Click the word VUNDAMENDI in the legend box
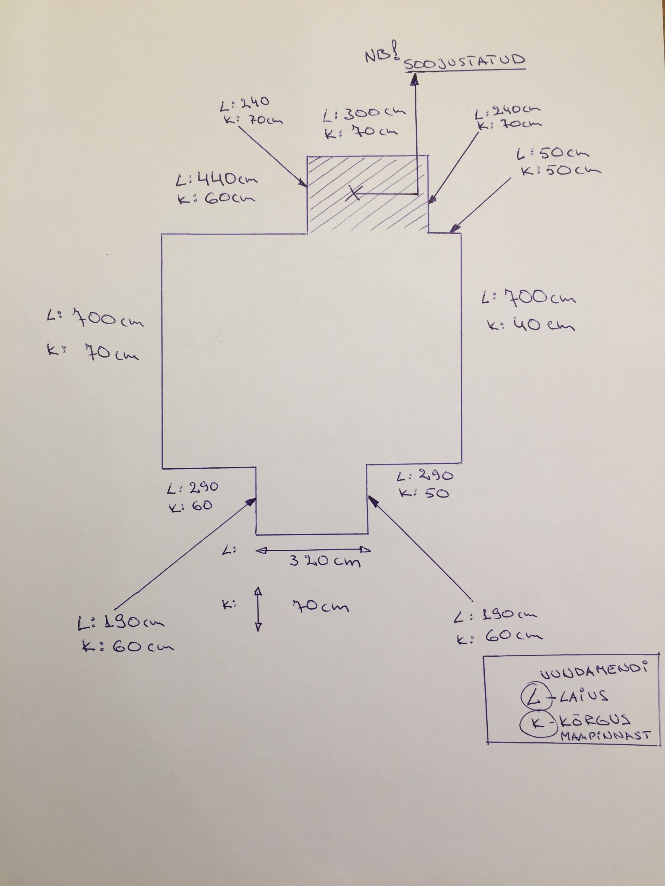point(594,673)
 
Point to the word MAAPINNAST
point(605,736)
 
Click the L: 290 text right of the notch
point(425,476)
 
